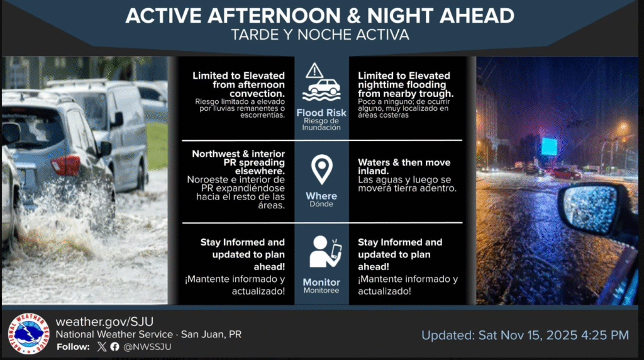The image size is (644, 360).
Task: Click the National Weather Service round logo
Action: tap(28, 334)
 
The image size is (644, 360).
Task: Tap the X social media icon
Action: tap(102, 346)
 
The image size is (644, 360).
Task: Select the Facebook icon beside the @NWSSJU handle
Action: tap(115, 346)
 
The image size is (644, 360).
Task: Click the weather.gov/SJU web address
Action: tap(105, 322)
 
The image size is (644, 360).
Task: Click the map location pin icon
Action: tap(321, 169)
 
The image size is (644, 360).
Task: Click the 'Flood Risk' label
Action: tap(321, 113)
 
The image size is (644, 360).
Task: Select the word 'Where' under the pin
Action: tap(321, 196)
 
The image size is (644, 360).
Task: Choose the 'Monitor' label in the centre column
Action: tap(321, 283)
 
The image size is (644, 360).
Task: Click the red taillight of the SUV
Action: tap(65, 165)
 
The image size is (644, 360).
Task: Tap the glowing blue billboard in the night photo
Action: tap(549, 147)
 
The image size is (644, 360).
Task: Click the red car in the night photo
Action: tap(565, 174)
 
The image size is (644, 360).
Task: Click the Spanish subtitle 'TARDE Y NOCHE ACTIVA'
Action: tap(320, 35)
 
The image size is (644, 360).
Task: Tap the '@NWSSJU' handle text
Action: tap(147, 347)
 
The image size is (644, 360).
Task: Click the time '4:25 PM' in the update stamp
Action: tap(605, 335)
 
